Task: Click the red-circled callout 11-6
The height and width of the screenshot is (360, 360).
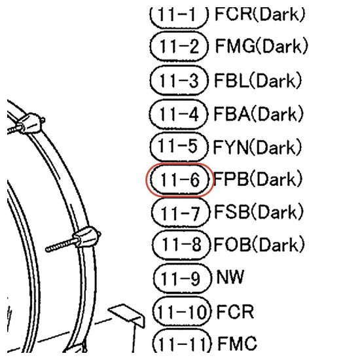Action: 180,180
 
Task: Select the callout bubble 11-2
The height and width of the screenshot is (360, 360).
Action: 179,46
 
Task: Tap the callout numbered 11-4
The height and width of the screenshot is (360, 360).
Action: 179,114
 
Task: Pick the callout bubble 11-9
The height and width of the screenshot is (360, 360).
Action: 182,278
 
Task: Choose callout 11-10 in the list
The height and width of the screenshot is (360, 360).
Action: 182,312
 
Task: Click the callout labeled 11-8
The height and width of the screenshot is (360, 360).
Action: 181,245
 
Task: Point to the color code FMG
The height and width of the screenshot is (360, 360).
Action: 235,46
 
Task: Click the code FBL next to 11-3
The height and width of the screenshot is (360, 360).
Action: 232,81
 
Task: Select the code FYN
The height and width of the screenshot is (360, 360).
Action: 231,147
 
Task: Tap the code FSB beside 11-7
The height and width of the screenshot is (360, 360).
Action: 232,211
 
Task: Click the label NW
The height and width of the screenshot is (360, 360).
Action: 230,277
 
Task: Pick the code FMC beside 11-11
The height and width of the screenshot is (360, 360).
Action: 237,343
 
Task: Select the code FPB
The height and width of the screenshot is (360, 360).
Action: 231,179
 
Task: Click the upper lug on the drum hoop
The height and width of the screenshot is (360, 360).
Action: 31,123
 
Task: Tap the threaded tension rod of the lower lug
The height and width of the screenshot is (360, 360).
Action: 62,245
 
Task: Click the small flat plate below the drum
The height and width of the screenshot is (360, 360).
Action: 127,314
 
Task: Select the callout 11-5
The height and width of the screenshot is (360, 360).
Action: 179,147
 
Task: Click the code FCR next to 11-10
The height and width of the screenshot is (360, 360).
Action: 235,312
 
